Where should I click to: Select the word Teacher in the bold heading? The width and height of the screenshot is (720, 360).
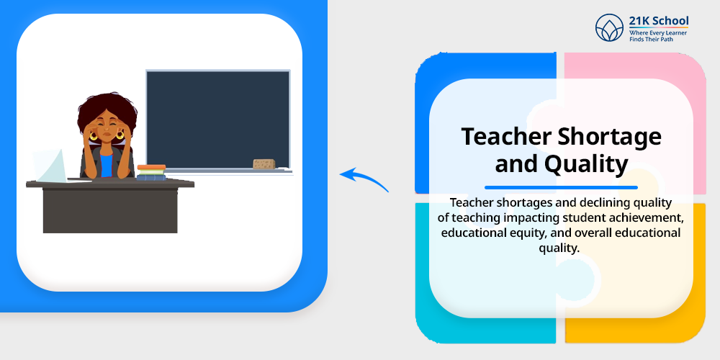505,136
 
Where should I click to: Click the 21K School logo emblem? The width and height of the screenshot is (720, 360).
609,27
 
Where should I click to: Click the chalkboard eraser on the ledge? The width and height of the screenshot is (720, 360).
264,164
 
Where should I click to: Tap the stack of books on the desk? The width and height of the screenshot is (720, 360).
151,173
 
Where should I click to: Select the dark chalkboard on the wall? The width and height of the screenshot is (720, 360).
218,120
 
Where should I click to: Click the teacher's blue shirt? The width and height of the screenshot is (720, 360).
107,166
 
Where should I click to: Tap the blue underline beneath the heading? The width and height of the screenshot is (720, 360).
561,187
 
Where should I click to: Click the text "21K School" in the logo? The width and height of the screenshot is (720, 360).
659,21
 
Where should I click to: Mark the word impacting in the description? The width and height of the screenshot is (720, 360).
516,217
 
